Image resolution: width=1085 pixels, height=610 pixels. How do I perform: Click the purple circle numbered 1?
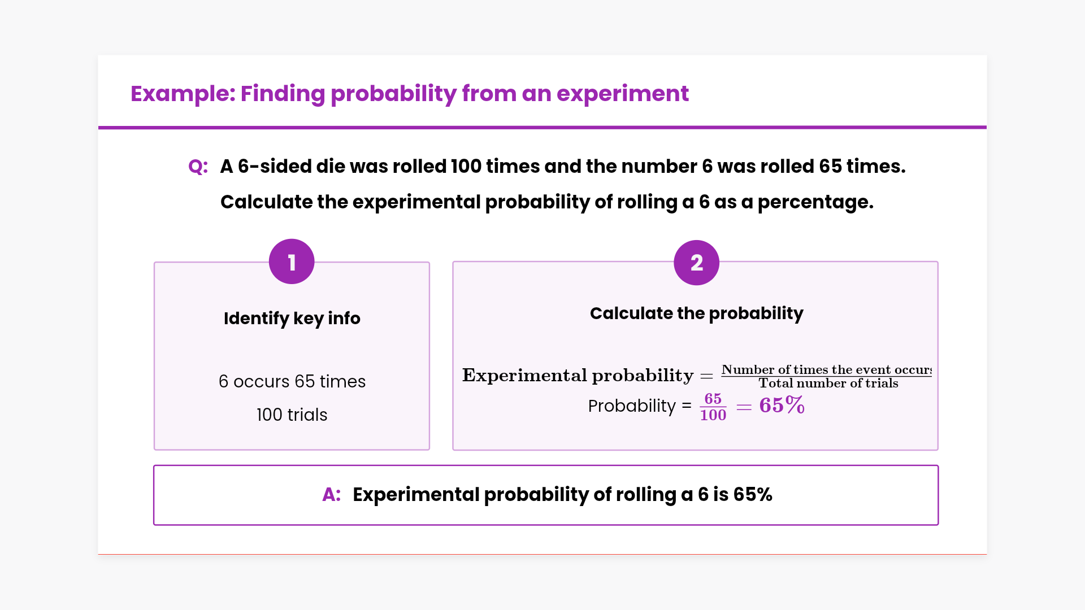(x=292, y=262)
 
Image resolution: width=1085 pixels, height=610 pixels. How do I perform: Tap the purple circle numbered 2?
(x=696, y=263)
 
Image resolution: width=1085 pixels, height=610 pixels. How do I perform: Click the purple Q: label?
(x=198, y=167)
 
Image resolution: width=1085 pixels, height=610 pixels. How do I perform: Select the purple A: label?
(x=332, y=495)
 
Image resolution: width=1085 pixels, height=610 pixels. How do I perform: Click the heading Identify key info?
(x=292, y=319)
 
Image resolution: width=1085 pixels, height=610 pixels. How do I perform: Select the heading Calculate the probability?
(x=696, y=313)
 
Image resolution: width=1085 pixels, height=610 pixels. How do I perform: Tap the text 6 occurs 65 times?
(x=292, y=381)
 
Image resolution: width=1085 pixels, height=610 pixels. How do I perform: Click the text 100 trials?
(x=292, y=415)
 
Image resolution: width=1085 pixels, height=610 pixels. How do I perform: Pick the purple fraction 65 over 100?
(x=713, y=407)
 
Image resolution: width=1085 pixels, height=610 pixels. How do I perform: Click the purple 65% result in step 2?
(x=782, y=405)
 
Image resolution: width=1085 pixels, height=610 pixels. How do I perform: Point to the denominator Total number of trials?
(x=828, y=384)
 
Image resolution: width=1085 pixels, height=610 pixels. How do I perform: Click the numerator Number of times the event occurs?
(x=827, y=369)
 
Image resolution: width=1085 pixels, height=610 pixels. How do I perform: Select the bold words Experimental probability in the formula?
(x=578, y=376)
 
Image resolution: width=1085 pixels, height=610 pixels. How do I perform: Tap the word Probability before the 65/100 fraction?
(x=632, y=406)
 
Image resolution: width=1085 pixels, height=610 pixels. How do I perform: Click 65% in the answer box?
(x=753, y=495)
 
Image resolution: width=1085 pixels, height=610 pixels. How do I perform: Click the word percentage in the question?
(x=815, y=202)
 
